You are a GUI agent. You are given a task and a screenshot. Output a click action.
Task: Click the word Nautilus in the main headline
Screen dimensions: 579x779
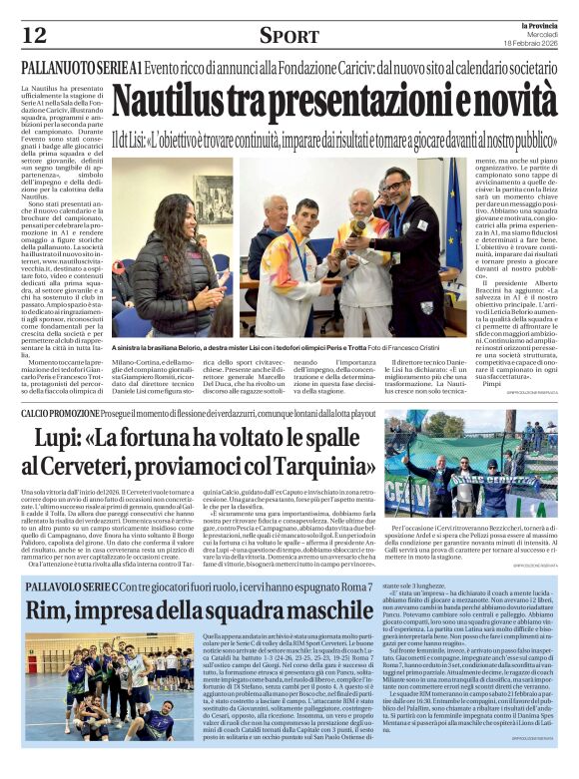(174, 103)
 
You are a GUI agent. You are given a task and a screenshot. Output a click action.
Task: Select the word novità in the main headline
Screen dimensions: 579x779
(496, 103)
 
